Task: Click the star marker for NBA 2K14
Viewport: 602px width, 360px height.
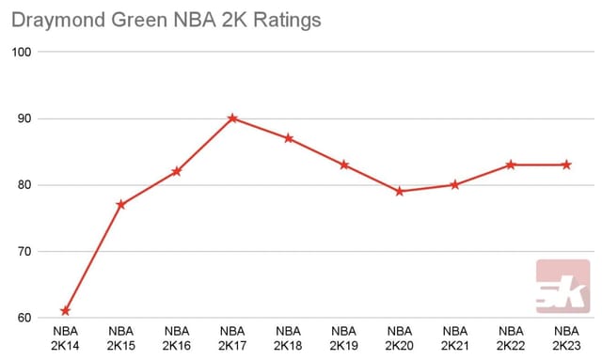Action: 65,311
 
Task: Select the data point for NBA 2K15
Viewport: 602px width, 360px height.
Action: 120,204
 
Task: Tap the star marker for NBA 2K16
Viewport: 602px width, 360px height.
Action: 176,171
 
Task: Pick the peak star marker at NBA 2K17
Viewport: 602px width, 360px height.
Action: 232,118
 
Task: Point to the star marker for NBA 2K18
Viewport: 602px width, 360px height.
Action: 288,138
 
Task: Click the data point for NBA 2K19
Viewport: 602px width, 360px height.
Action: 344,164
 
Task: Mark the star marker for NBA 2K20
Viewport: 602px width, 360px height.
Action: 400,191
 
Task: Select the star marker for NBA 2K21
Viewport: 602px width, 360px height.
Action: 455,184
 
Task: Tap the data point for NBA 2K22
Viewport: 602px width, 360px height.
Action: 511,164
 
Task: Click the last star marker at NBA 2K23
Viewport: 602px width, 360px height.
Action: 567,164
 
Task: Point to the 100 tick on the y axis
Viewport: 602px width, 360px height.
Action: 22,53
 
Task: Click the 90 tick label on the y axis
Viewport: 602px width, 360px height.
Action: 24,118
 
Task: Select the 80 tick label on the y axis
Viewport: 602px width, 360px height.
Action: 24,185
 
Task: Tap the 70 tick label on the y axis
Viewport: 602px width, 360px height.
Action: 24,252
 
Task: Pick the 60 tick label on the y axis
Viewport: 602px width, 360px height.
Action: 24,318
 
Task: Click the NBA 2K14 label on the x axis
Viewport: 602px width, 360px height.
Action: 65,338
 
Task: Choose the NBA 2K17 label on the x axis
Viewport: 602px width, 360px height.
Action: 232,338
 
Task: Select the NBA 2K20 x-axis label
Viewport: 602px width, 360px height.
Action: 400,338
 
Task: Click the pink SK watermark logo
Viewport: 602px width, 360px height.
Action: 562,287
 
